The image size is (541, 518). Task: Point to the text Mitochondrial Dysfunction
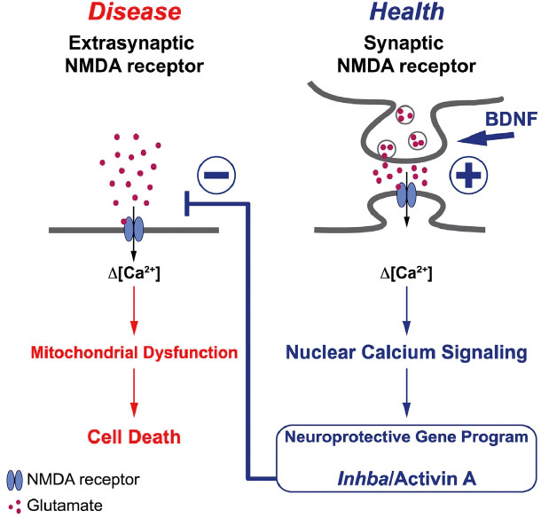pos(134,352)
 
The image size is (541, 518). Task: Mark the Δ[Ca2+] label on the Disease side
pos(134,275)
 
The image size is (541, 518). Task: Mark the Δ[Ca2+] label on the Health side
pos(405,275)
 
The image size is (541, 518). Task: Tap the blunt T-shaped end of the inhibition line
pos(181,202)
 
